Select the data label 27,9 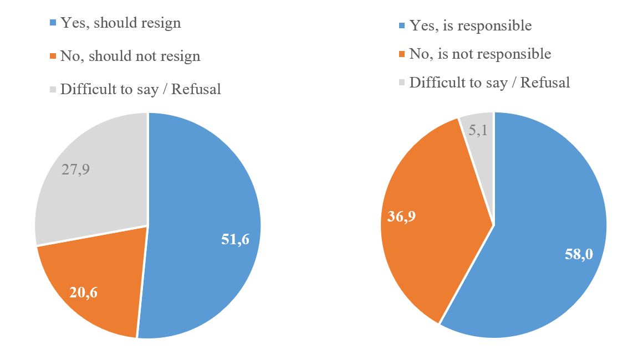pyautogui.click(x=75, y=168)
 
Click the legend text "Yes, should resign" pyautogui.click(x=120, y=23)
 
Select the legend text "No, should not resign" pyautogui.click(x=130, y=56)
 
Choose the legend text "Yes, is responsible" pyautogui.click(x=470, y=25)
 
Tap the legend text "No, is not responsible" pyautogui.click(x=480, y=54)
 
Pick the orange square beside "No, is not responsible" pyautogui.click(x=402, y=54)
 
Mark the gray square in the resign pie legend pyautogui.click(x=53, y=89)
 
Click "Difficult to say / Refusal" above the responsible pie pyautogui.click(x=489, y=83)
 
